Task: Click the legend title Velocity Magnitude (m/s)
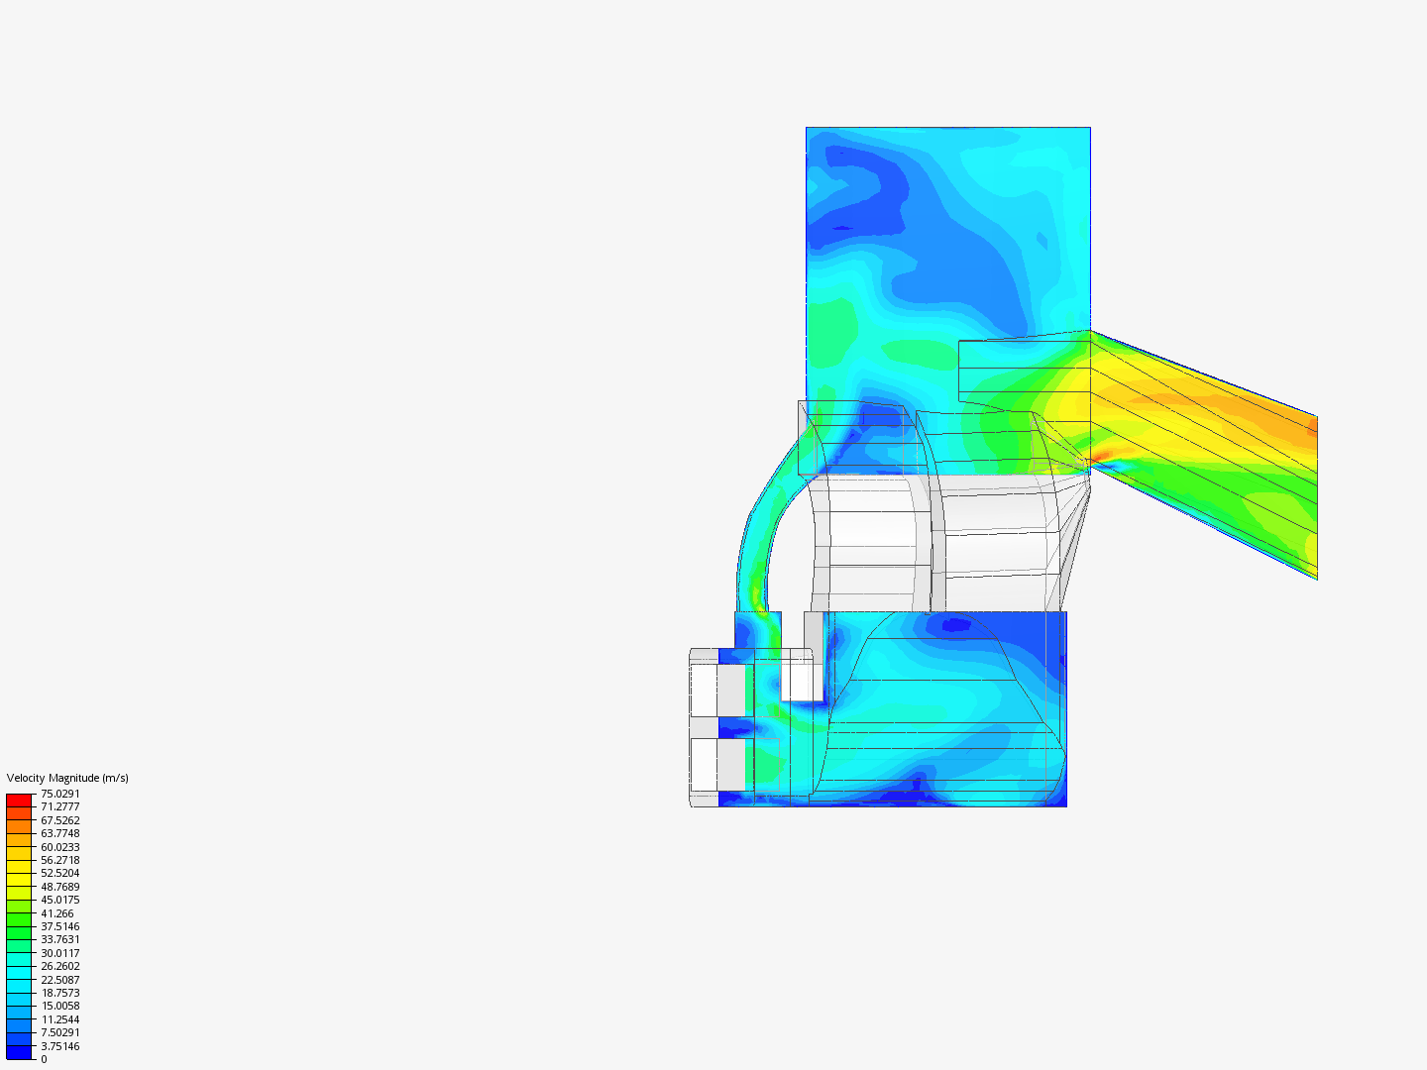[x=67, y=778]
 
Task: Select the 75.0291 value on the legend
[x=60, y=794]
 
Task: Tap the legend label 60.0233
[x=60, y=847]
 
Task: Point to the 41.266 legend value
[x=57, y=913]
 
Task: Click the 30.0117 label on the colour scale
[x=60, y=953]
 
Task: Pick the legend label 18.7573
[x=60, y=993]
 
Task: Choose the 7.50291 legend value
[x=60, y=1032]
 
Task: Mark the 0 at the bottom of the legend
[x=44, y=1059]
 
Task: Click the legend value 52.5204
[x=60, y=873]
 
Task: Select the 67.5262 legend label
[x=60, y=820]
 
